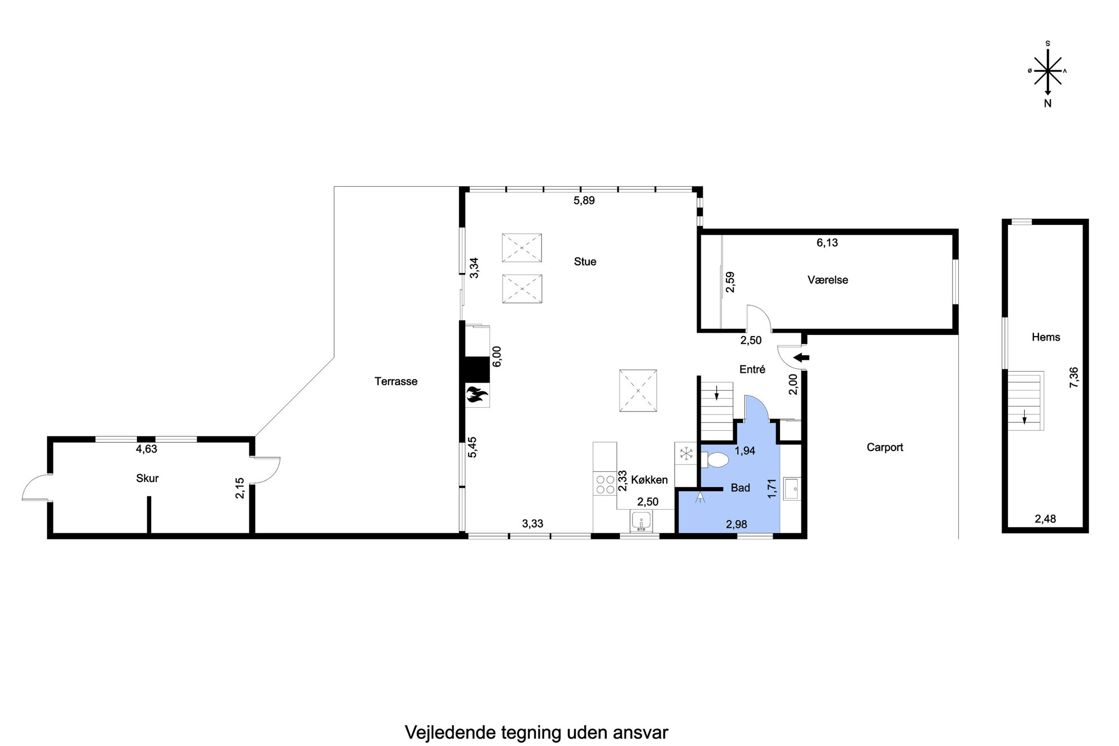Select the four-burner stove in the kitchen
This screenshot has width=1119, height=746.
click(x=605, y=484)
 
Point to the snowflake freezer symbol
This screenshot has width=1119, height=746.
click(x=686, y=453)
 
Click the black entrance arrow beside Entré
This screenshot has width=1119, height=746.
click(x=801, y=357)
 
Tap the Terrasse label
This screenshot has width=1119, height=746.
click(x=396, y=381)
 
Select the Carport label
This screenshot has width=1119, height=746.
click(x=885, y=447)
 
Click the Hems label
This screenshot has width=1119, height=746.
click(x=1046, y=337)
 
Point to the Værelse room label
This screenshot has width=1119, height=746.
click(x=827, y=280)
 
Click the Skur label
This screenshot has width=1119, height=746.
click(x=147, y=478)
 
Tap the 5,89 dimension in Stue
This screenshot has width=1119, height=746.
click(x=584, y=200)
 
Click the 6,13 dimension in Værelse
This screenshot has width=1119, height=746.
click(x=827, y=242)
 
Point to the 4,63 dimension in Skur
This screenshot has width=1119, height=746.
click(x=146, y=449)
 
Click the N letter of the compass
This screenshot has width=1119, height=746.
click(x=1047, y=104)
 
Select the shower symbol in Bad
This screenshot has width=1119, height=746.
click(x=701, y=498)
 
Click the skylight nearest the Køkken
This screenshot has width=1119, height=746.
click(x=638, y=390)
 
